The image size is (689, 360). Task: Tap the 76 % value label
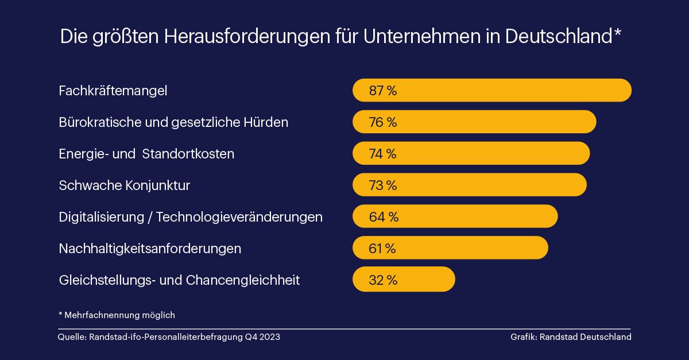[383, 122]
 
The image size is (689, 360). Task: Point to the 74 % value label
[383, 154]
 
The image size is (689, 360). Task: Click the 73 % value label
[383, 185]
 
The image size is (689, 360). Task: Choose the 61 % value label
[382, 249]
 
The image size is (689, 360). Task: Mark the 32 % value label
[384, 280]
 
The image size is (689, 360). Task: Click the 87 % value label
[383, 91]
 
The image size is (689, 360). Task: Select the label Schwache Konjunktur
[125, 185]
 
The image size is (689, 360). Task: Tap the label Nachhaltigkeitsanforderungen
[150, 249]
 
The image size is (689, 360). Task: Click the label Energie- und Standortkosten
[146, 154]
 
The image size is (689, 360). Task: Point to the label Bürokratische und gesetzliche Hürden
[173, 122]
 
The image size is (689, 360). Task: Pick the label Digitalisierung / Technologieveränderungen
[191, 217]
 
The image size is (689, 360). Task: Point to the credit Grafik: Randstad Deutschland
[571, 337]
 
